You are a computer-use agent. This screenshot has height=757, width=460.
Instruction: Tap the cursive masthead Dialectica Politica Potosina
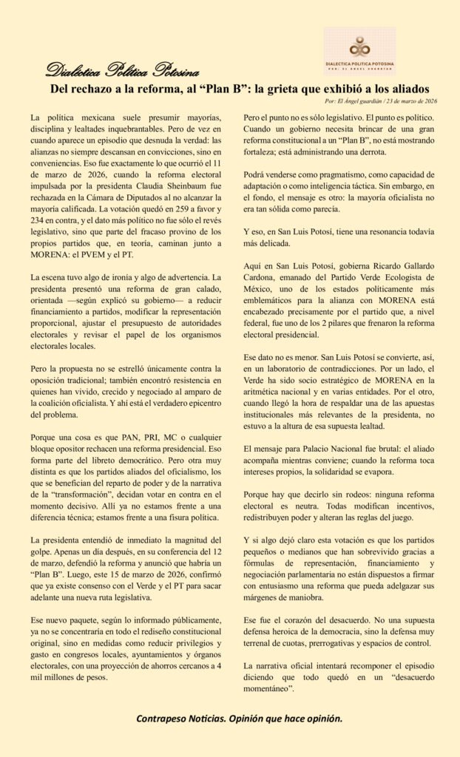[x=122, y=71]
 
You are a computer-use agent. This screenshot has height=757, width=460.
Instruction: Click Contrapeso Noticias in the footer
[x=180, y=718]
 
